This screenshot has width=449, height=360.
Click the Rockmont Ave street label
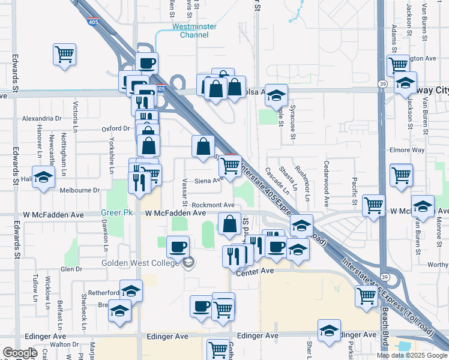pos(214,205)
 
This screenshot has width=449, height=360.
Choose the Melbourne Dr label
pos(79,190)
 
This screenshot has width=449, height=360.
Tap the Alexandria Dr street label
pos(42,119)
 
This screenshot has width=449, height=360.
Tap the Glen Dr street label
pos(71,269)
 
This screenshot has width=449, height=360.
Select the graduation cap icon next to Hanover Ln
pos(43,177)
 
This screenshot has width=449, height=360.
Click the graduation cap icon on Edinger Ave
pos(328,331)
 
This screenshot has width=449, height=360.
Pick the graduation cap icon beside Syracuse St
pos(276,95)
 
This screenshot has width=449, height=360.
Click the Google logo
pos(20,353)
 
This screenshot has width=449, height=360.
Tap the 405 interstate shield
pos(160,89)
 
